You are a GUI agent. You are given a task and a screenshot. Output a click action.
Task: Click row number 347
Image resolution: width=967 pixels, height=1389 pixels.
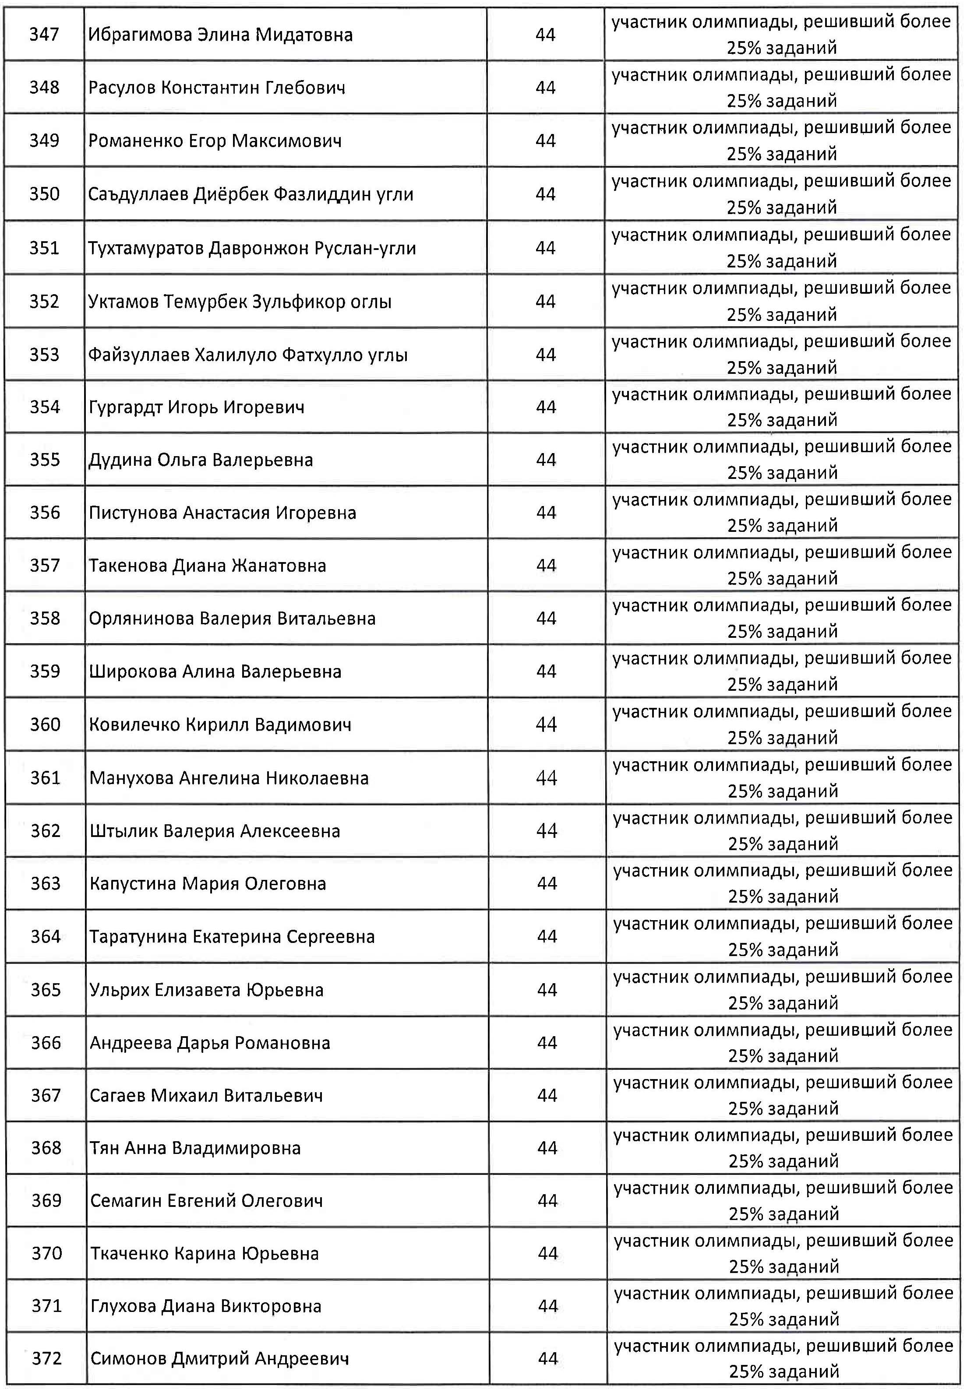[44, 35]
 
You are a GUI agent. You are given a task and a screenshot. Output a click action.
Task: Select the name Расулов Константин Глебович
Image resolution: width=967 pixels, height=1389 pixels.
[217, 88]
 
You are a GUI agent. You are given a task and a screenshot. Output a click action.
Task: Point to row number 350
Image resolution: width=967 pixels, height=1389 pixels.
[44, 194]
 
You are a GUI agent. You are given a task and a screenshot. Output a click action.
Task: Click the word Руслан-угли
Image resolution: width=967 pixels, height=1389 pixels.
[365, 248]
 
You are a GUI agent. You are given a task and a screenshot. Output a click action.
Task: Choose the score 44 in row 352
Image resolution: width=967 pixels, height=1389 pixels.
[545, 301]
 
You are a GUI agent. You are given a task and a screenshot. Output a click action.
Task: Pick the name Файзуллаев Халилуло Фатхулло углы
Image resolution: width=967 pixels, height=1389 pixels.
[247, 355]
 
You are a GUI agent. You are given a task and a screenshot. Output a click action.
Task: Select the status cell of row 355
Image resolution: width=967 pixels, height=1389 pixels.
[782, 460]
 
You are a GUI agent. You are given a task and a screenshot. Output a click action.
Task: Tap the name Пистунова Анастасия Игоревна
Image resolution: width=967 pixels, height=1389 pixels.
[222, 513]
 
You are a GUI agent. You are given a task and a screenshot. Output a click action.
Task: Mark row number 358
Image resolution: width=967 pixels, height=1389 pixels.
[45, 618]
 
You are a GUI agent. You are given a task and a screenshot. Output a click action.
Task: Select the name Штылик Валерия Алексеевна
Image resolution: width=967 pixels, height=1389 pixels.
[214, 831]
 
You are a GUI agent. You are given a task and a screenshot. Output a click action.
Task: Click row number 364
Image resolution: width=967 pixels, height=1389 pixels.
[46, 937]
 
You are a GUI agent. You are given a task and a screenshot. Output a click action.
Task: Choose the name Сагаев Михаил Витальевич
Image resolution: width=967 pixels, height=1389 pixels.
[206, 1096]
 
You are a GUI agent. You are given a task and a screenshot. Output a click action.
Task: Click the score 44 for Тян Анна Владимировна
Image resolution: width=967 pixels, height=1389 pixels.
[547, 1149]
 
